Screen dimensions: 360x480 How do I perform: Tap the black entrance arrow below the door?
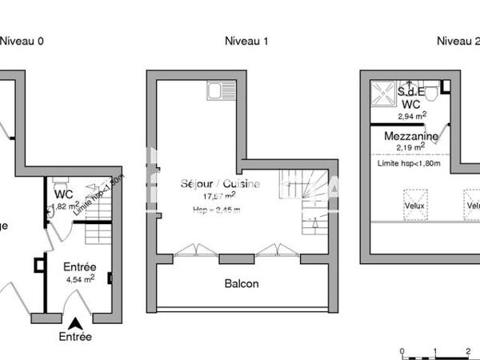[x=75, y=323]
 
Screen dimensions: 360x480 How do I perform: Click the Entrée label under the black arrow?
[x=75, y=337]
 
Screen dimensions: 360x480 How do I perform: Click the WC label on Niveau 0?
[x=64, y=194]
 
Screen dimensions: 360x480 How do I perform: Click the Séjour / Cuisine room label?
[x=219, y=183]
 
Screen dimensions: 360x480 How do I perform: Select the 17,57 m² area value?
[x=219, y=195]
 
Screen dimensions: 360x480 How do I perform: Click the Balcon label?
[x=240, y=283]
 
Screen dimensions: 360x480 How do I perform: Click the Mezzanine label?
[x=410, y=137]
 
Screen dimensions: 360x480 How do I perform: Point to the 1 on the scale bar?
[x=434, y=351]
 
